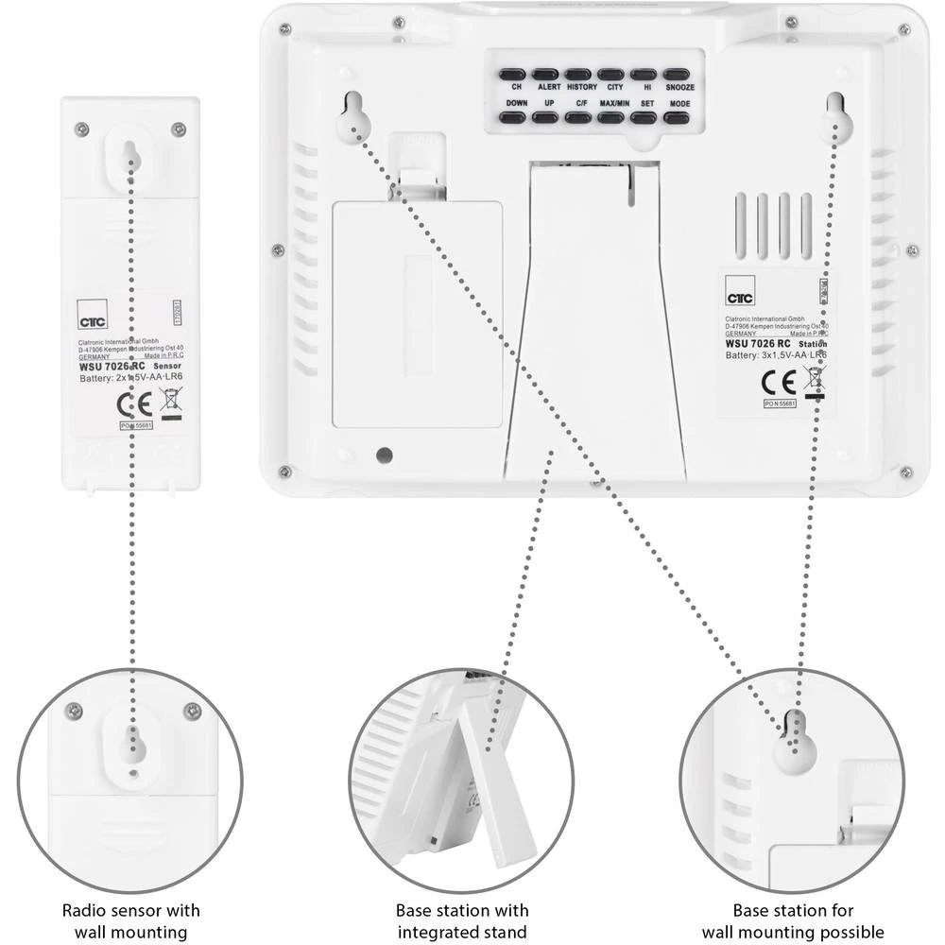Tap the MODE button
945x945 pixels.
pos(677,117)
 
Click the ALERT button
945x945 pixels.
pos(545,73)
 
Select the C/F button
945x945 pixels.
pos(578,117)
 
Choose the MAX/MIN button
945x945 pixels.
pos(611,117)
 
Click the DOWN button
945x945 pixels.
pos(513,117)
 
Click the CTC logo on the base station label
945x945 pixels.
pos(738,297)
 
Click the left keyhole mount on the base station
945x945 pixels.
pos(352,116)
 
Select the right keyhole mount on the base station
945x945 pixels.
pos(838,116)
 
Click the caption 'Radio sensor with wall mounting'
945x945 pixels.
pos(131,921)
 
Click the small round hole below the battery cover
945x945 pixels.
pos(384,455)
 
